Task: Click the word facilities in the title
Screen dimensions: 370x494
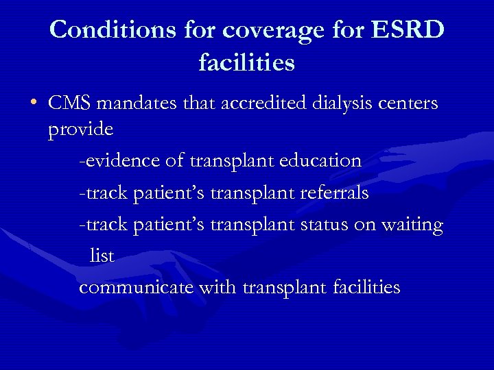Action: pyautogui.click(x=247, y=63)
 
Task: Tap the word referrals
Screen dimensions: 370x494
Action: pyautogui.click(x=335, y=193)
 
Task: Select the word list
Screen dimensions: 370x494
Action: pyautogui.click(x=102, y=256)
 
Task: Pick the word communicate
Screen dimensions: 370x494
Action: pyautogui.click(x=137, y=287)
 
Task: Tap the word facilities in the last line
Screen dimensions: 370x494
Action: pyautogui.click(x=366, y=287)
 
